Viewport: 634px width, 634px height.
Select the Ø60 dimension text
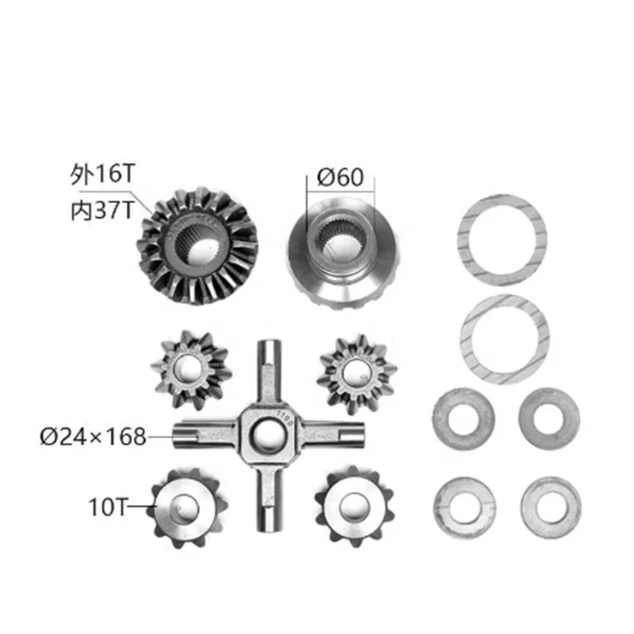click(340, 177)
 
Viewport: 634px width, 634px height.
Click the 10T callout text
click(112, 503)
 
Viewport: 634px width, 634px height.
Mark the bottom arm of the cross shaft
click(268, 499)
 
